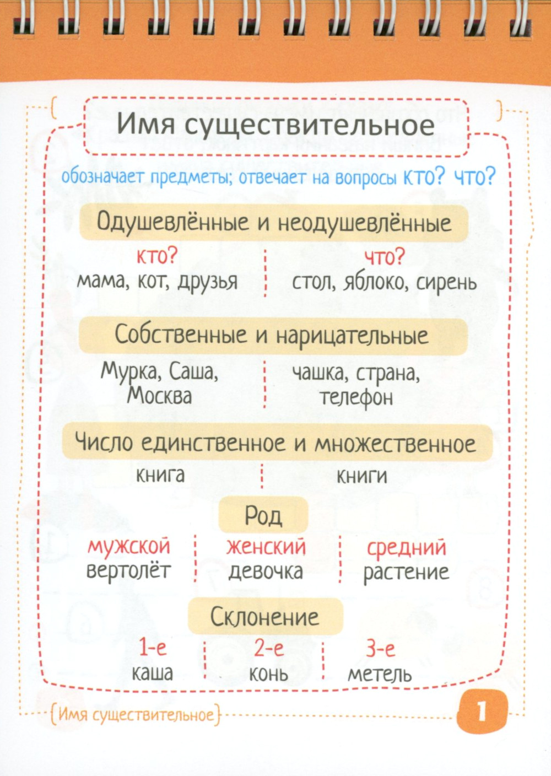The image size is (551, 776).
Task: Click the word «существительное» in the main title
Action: coord(309,126)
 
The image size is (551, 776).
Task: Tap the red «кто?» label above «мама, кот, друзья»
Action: coord(157,256)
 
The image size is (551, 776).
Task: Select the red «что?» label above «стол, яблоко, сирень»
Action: coord(384,256)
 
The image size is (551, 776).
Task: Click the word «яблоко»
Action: coord(377,282)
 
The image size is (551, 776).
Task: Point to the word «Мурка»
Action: coord(131,372)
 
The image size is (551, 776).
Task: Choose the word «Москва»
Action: coord(159,396)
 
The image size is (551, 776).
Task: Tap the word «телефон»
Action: coord(356,397)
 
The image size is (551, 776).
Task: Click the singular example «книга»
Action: coord(160,475)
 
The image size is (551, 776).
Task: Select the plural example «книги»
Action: coord(361,476)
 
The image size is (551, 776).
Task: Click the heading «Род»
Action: coord(263,515)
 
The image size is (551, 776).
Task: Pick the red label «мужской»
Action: coord(129,546)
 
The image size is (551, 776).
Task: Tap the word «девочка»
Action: coord(266,572)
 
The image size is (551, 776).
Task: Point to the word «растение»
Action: coord(406,572)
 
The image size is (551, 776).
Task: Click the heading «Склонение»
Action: coord(265,617)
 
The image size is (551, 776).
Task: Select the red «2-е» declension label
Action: coord(269,648)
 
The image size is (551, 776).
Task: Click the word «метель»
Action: coord(380,674)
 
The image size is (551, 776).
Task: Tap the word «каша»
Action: coord(152,673)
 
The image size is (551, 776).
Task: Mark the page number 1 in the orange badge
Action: coord(482,712)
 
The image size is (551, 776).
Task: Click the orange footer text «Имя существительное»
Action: coord(136,715)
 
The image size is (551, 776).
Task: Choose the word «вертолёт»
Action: coord(128,571)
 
